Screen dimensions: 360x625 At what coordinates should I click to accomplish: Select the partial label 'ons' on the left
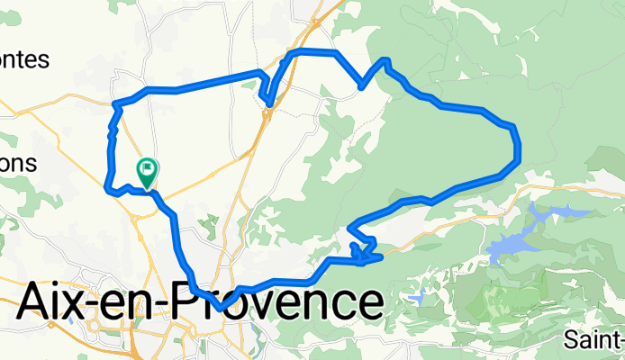tap(18, 164)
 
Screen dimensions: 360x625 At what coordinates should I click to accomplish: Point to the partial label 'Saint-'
tap(594, 340)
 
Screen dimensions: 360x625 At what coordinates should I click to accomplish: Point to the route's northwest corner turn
tap(115, 105)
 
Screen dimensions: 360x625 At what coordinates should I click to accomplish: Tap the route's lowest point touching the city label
tap(219, 309)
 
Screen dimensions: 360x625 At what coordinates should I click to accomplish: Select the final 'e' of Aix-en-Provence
tap(364, 303)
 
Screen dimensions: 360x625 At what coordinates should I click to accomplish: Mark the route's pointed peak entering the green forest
tap(385, 60)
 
